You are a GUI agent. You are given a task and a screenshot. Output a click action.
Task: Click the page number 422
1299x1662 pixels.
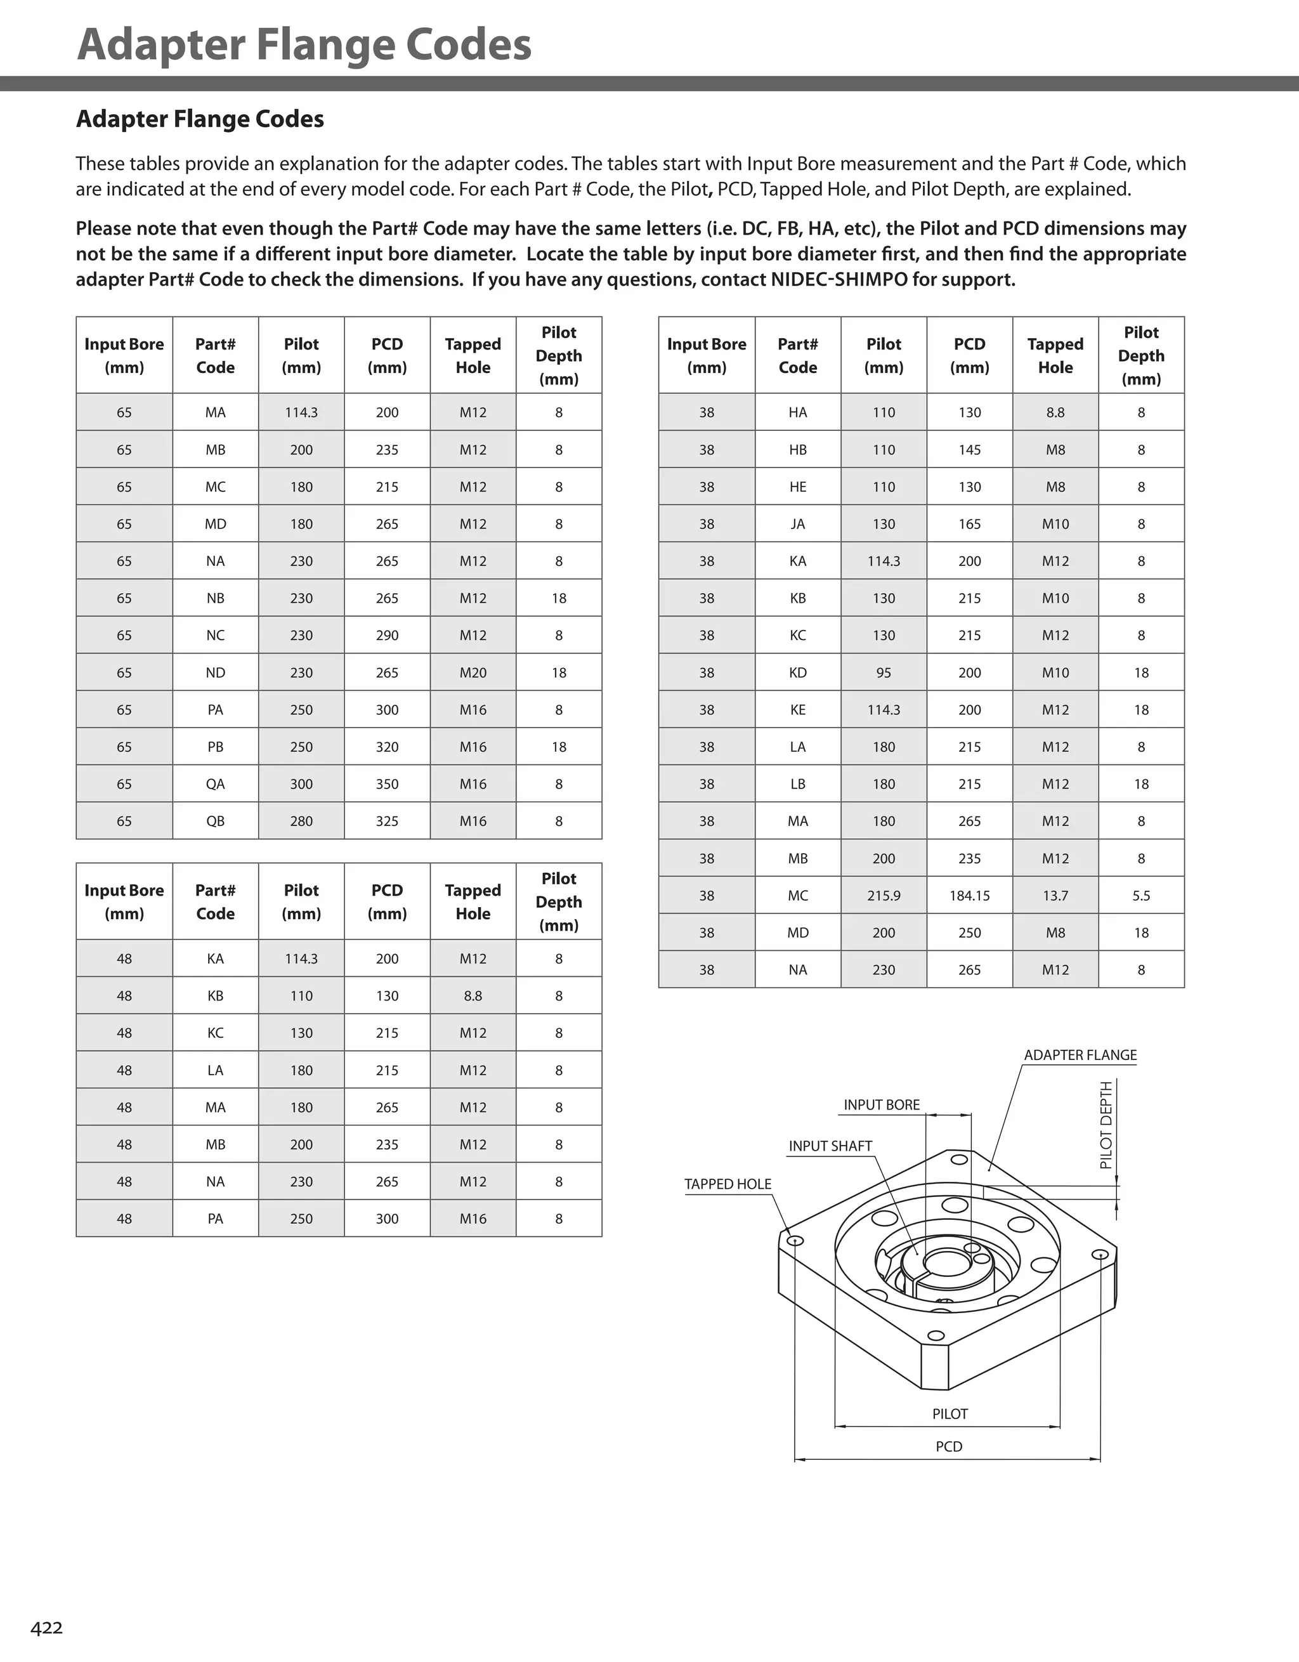click(46, 1628)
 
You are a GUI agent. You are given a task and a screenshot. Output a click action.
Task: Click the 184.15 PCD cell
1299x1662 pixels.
click(970, 896)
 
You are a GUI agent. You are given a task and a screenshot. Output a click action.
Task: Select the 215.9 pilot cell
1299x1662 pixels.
click(884, 896)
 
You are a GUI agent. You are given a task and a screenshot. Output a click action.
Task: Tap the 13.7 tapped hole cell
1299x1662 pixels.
click(1055, 896)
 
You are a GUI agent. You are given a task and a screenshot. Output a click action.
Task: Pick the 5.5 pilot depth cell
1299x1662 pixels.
click(1140, 896)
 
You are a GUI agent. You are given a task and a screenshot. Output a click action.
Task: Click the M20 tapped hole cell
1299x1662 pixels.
click(473, 672)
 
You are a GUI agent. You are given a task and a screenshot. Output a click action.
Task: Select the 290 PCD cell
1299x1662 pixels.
click(386, 636)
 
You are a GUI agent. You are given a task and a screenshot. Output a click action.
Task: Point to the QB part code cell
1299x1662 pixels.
click(216, 821)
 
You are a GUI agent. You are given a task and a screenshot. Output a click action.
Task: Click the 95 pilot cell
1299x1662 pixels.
click(884, 672)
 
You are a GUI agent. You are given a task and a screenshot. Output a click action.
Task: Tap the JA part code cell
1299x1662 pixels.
click(797, 525)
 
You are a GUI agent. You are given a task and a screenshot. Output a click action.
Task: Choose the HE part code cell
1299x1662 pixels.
click(797, 487)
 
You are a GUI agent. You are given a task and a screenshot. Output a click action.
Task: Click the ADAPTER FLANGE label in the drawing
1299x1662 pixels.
click(1080, 1055)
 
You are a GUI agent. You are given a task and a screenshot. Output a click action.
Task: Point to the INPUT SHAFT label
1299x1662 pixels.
click(830, 1146)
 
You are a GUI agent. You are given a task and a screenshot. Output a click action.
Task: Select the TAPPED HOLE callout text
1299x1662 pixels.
click(728, 1184)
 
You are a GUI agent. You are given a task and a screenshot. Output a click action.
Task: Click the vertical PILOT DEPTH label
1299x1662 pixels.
click(1106, 1125)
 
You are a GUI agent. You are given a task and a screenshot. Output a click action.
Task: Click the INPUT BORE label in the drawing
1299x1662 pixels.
click(881, 1105)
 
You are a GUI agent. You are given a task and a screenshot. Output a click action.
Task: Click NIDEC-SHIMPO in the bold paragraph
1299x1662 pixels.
click(839, 279)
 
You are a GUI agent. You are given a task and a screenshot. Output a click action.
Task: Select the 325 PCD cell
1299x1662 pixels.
click(386, 821)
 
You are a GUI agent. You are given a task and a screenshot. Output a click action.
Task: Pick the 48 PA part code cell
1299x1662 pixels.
click(216, 1219)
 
